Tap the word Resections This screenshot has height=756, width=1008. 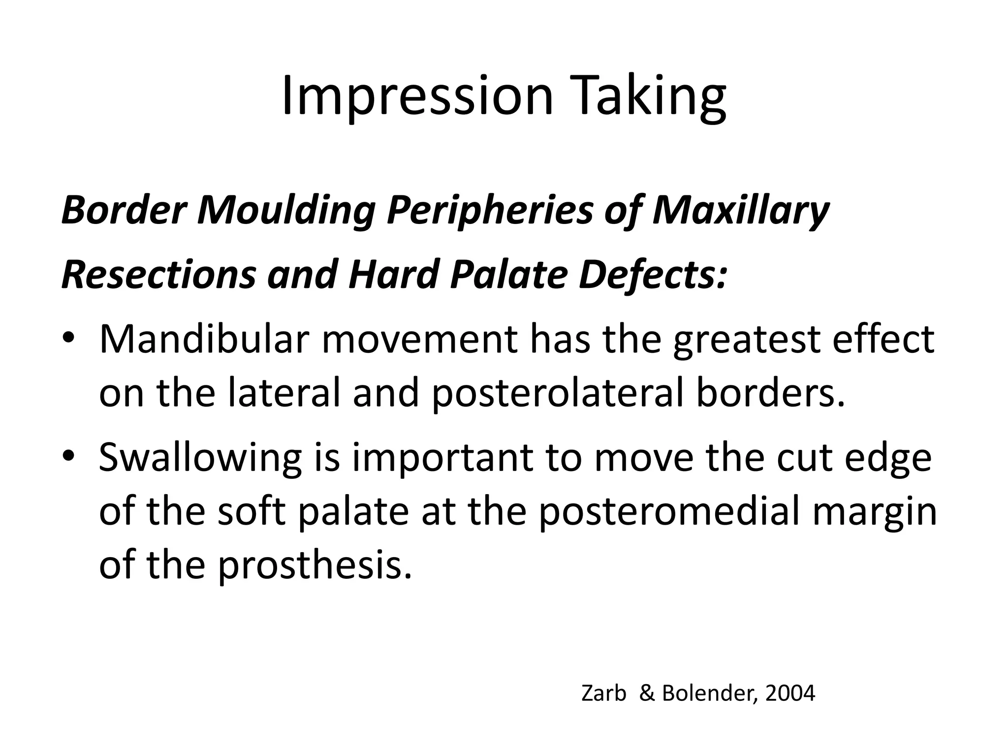(158, 275)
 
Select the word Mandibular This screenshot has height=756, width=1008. (204, 340)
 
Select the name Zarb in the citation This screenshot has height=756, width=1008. (603, 693)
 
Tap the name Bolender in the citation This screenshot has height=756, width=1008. (709, 693)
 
